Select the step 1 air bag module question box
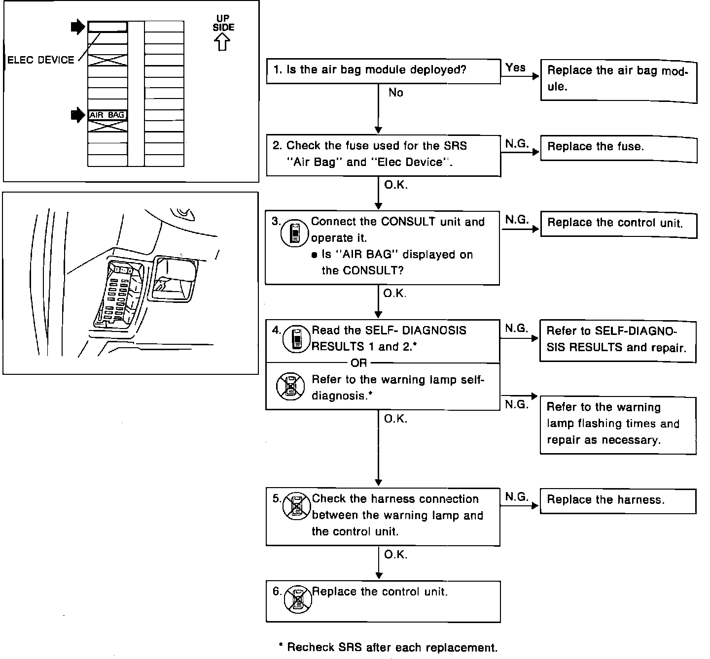[x=383, y=70]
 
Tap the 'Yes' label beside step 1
[x=515, y=68]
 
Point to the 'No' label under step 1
[x=395, y=93]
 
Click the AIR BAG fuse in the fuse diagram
[x=107, y=115]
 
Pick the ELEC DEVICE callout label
[x=40, y=60]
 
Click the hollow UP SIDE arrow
[x=223, y=43]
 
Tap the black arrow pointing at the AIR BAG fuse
[x=78, y=115]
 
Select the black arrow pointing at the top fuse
[x=78, y=27]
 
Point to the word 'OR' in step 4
[x=358, y=363]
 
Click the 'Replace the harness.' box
[x=618, y=501]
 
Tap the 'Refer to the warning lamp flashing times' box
[x=618, y=425]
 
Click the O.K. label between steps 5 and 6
[x=395, y=555]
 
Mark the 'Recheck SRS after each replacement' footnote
[x=388, y=647]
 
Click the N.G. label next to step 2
[x=517, y=144]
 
